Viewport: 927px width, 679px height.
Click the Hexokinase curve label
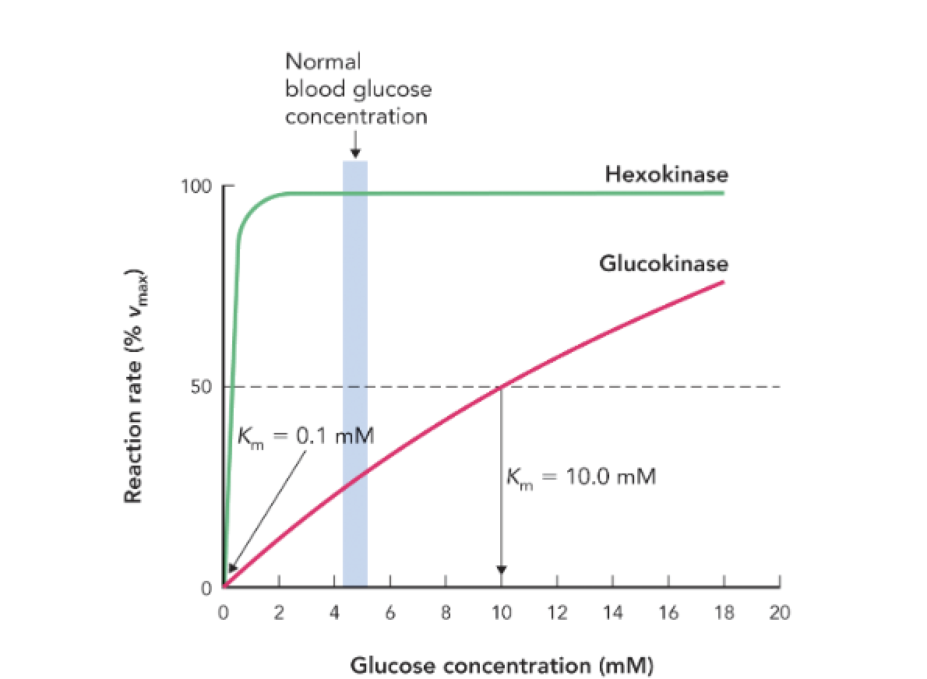coord(666,174)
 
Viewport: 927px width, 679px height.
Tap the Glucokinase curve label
coord(663,264)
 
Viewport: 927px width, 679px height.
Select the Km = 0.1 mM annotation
coord(305,436)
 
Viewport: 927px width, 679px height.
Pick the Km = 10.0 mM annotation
coord(581,476)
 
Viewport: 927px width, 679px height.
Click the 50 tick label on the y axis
coord(202,387)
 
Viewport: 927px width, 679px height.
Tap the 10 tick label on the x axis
coord(501,613)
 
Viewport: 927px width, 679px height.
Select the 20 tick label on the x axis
coord(779,613)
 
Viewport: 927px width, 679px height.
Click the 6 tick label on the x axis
coord(390,613)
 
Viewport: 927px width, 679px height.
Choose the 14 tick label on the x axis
coord(612,613)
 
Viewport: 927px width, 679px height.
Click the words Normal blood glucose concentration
coord(358,89)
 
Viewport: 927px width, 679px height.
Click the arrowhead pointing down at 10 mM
coord(501,568)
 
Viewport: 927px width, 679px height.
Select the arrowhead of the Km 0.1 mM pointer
coord(231,568)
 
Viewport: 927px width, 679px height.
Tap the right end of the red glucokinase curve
coord(723,282)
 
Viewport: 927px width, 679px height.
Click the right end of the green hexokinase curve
coord(722,193)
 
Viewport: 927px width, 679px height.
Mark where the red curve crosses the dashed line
coord(501,387)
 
